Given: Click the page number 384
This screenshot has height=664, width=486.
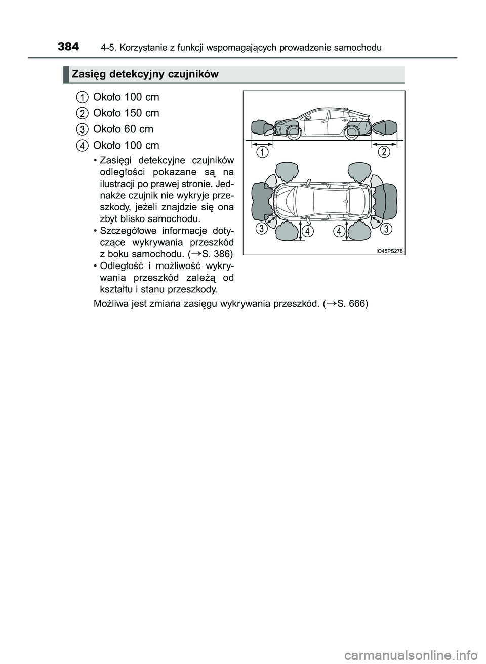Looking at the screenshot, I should (x=68, y=47).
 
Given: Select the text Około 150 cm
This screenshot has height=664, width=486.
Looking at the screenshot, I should (x=126, y=113).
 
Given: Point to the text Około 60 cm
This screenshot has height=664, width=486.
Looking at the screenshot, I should (x=123, y=129).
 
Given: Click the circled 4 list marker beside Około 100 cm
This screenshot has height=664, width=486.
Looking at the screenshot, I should (x=82, y=145).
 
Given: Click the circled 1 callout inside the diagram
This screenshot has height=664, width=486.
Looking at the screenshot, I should (x=262, y=152).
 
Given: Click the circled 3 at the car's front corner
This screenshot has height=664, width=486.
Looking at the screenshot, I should (x=262, y=229).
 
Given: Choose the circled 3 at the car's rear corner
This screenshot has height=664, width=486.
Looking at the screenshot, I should (x=386, y=229).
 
